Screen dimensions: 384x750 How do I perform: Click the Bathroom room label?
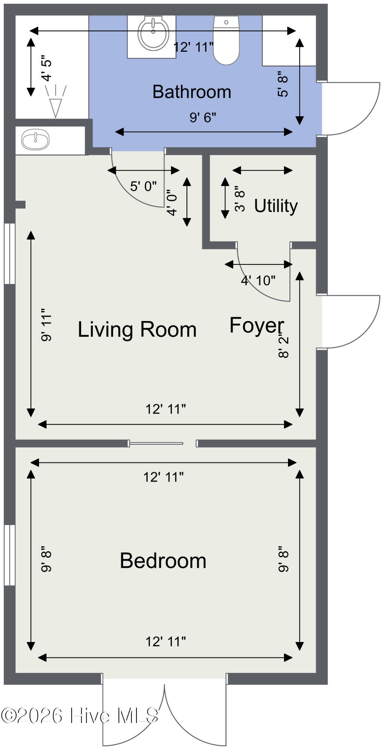click(192, 92)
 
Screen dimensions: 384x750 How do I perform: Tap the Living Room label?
click(137, 330)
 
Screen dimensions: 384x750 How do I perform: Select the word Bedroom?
click(163, 561)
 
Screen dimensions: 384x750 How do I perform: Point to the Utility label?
click(276, 206)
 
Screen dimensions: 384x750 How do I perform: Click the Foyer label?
click(257, 325)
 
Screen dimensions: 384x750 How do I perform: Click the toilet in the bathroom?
click(226, 39)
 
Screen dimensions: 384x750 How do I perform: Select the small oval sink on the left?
click(35, 139)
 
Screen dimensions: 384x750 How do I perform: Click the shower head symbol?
click(55, 101)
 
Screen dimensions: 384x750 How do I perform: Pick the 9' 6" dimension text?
click(203, 118)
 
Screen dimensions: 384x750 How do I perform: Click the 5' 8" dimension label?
click(283, 84)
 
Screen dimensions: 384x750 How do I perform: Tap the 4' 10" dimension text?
click(258, 280)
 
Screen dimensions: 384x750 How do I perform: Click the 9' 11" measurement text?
click(46, 325)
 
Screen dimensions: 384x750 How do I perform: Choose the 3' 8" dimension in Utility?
click(240, 199)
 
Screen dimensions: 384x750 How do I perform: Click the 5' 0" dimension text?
click(144, 186)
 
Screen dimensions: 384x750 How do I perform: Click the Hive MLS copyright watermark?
click(79, 715)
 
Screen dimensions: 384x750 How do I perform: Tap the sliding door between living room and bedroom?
click(156, 444)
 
